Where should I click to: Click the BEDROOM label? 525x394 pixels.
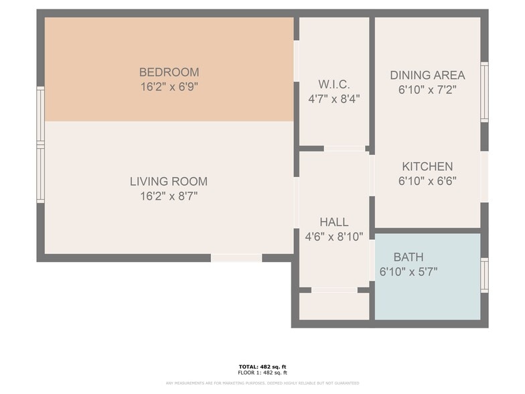click(x=169, y=72)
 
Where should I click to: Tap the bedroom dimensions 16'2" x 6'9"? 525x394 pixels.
click(x=169, y=87)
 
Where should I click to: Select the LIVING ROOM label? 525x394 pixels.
click(x=169, y=182)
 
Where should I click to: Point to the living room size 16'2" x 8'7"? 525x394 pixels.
click(x=169, y=196)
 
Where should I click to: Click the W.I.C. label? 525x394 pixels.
click(x=333, y=84)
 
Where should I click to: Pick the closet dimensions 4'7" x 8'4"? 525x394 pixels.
click(x=333, y=99)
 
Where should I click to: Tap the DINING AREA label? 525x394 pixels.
click(x=427, y=75)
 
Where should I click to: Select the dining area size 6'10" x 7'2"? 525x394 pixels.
click(x=427, y=90)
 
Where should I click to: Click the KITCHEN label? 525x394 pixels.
click(x=427, y=166)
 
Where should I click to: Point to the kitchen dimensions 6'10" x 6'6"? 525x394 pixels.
click(x=427, y=181)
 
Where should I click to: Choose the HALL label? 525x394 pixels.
click(x=333, y=222)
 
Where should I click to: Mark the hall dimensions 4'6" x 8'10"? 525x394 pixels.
click(x=333, y=236)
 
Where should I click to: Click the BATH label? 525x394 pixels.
click(x=408, y=257)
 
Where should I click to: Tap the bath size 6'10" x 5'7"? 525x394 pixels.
click(x=408, y=271)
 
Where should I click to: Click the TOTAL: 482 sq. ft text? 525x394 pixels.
click(x=262, y=367)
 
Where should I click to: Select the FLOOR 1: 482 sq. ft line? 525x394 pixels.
click(x=262, y=373)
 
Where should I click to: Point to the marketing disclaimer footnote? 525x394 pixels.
click(x=262, y=383)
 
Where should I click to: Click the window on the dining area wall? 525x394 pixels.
click(x=484, y=92)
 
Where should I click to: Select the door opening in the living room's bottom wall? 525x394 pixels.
click(x=236, y=258)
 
